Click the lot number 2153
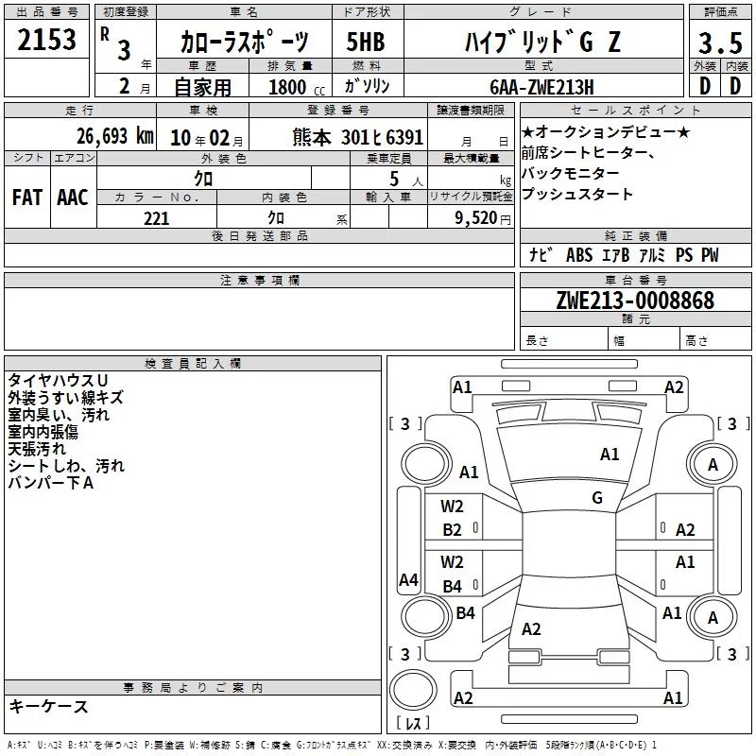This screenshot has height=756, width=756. (x=46, y=39)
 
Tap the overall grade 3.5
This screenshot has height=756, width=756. (x=720, y=43)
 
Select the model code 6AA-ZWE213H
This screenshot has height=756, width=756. (x=541, y=87)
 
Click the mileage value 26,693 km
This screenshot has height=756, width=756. (x=114, y=136)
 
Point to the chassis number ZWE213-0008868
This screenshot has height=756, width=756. (x=635, y=300)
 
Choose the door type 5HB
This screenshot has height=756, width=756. (x=366, y=42)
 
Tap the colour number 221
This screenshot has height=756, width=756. (x=156, y=218)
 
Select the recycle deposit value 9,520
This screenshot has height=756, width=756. (x=476, y=218)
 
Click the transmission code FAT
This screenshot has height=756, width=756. (x=27, y=198)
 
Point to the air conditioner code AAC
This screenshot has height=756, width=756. (x=73, y=198)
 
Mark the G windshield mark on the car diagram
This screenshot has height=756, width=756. (x=597, y=497)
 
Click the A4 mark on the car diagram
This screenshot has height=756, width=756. (x=408, y=579)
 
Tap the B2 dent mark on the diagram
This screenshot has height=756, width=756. (x=452, y=530)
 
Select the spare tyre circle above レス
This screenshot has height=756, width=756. (x=413, y=690)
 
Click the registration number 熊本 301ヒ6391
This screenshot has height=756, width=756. (x=358, y=137)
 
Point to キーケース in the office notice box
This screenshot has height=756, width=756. (x=49, y=706)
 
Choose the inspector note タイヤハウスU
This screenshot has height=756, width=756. (x=58, y=381)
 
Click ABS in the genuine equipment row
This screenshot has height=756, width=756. (x=579, y=255)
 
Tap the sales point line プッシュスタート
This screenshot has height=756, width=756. (x=577, y=194)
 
